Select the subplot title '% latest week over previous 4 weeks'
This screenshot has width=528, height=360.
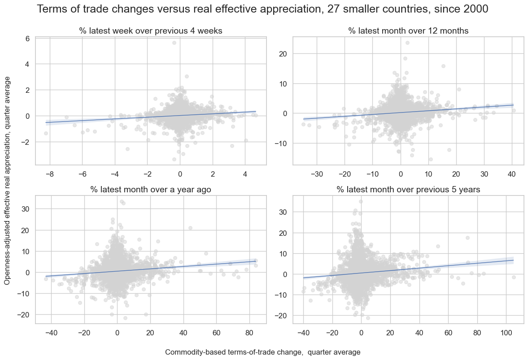[x=151, y=31]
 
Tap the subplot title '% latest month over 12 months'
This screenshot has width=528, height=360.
[x=408, y=31]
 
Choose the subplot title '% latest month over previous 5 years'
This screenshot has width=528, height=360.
[x=408, y=190]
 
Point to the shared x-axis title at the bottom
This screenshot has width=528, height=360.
[x=262, y=352]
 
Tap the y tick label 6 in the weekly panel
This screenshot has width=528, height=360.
[x=27, y=39]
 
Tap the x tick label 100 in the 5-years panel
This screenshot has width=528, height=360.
[x=506, y=333]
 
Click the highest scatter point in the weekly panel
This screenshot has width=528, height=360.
[x=174, y=43]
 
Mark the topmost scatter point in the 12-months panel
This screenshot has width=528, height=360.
[x=407, y=43]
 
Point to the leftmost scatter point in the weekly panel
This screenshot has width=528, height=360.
[x=46, y=133]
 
